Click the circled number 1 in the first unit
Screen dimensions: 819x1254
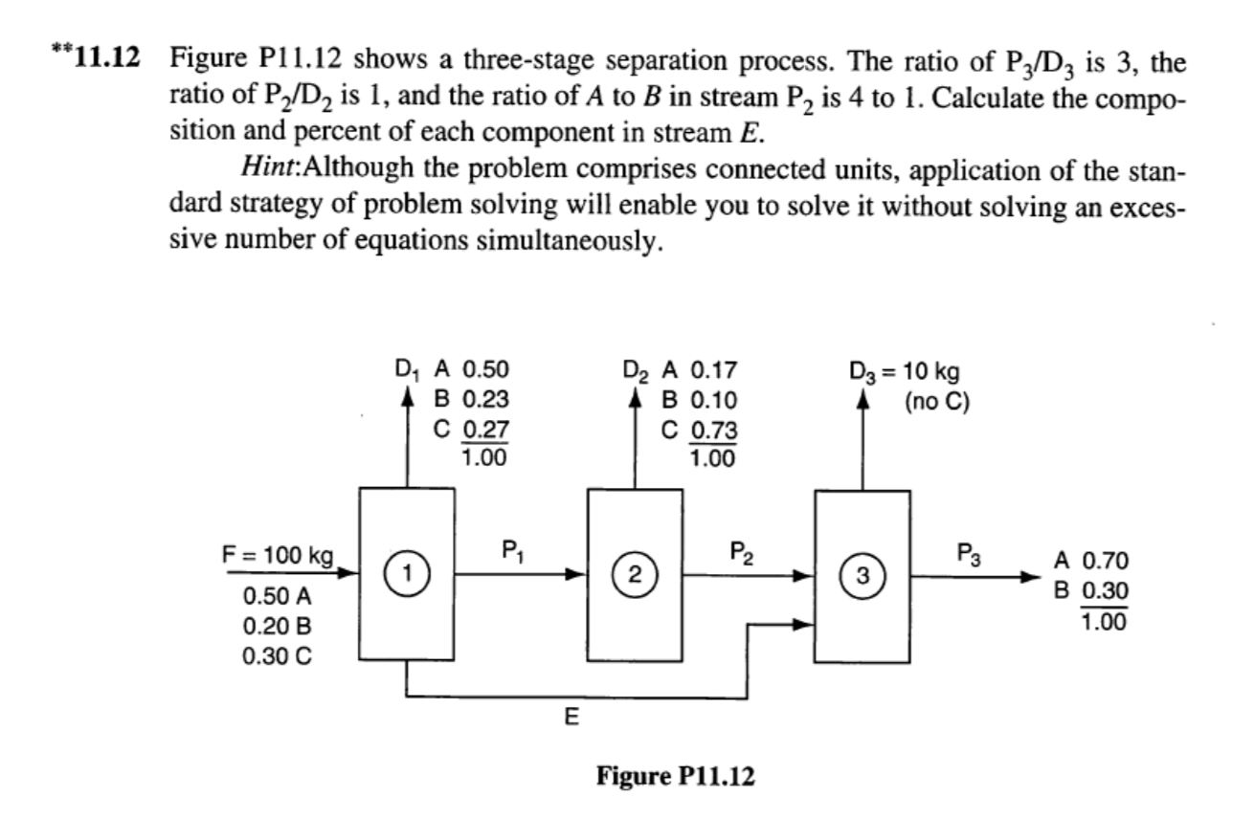(406, 574)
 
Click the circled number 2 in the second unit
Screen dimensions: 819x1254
(635, 575)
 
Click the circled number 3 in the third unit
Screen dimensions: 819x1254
(863, 576)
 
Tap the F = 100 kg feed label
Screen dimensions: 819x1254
(277, 556)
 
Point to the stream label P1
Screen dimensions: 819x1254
(512, 550)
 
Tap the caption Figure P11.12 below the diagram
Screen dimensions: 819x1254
(675, 776)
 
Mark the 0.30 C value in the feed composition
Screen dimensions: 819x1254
(277, 658)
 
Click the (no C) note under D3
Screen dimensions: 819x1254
(938, 400)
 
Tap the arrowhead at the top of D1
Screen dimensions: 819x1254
(409, 396)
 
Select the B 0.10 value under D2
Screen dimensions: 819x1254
(699, 400)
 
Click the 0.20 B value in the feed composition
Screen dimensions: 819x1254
(277, 627)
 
